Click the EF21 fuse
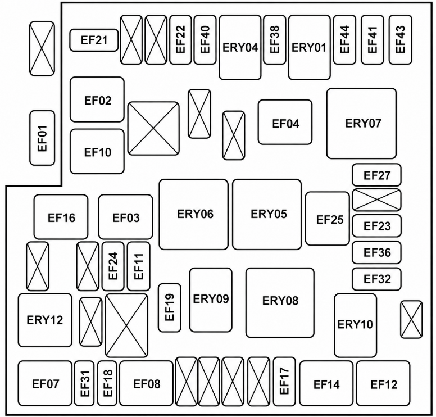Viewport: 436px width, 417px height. (94, 40)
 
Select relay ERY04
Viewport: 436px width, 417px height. (240, 47)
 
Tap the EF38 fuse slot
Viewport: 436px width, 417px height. (274, 39)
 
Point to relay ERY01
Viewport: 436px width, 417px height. (310, 47)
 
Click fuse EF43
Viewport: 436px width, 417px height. (401, 39)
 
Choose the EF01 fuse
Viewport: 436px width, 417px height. (42, 138)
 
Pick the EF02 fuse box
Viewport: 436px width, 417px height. (97, 99)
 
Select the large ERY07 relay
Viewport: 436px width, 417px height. (361, 124)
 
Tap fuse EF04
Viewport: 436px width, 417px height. (285, 122)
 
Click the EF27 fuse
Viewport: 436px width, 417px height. (377, 175)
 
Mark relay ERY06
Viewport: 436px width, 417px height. (193, 214)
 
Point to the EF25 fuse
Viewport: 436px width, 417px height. (328, 219)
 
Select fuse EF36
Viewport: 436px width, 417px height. (377, 252)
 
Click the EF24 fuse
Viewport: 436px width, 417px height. (113, 266)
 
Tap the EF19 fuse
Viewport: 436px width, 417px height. (170, 307)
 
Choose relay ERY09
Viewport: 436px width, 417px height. (211, 300)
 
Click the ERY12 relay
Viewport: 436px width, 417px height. (45, 320)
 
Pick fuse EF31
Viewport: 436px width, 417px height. (84, 383)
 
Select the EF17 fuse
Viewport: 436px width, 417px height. (284, 382)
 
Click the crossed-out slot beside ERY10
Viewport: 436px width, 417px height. (411, 319)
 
